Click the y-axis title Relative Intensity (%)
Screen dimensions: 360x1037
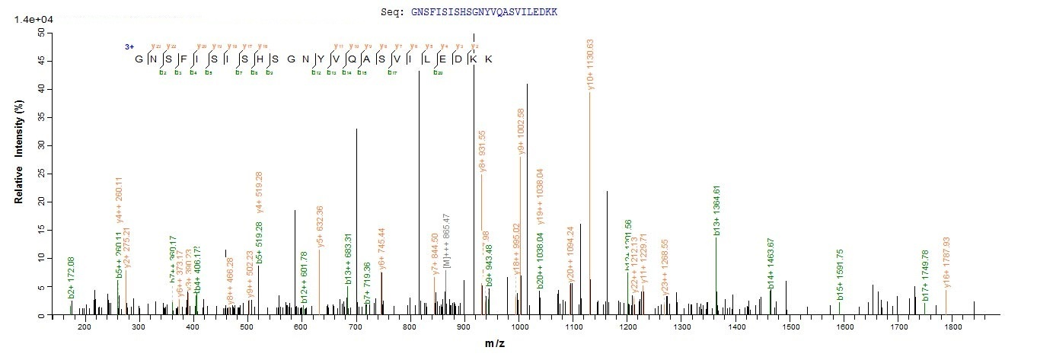[x=20, y=174]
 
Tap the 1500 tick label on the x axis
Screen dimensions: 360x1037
[x=791, y=327]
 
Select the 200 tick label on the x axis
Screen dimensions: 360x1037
[x=85, y=327]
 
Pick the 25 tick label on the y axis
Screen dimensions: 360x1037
[x=38, y=174]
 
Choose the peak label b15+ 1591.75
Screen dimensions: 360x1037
[x=841, y=274]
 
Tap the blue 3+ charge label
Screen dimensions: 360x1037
[x=130, y=47]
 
